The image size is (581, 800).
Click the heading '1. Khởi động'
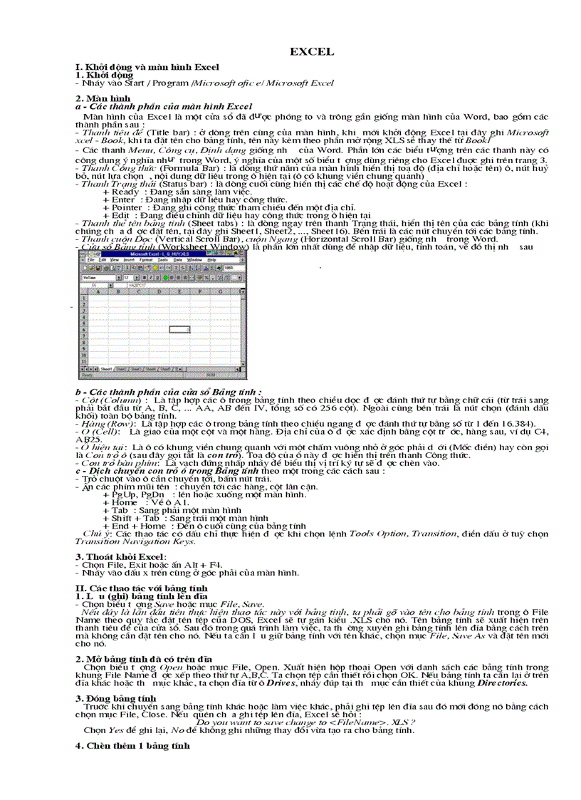point(104,74)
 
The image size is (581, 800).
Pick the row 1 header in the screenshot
point(83,298)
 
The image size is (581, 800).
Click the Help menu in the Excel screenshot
point(211,261)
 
